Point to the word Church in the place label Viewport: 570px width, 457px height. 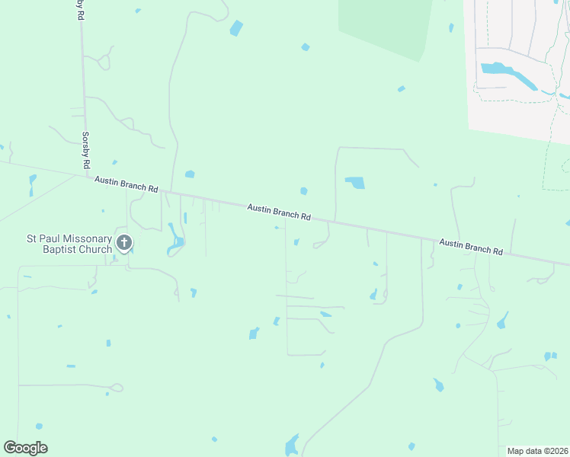[94, 249]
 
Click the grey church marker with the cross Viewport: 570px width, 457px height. [124, 243]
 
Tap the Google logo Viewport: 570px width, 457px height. [25, 447]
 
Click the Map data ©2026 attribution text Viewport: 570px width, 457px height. [537, 451]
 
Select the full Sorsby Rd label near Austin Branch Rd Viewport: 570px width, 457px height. [85, 149]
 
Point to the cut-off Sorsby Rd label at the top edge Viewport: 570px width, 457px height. [80, 8]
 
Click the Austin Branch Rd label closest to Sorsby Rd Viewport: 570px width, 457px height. [126, 184]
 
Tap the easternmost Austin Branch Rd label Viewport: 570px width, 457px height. [472, 245]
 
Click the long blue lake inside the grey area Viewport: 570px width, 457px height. [509, 75]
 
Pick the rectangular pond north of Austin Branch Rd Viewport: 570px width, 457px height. [355, 183]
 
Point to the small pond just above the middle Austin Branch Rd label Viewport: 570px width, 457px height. [303, 190]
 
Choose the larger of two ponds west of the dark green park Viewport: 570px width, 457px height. [236, 29]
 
